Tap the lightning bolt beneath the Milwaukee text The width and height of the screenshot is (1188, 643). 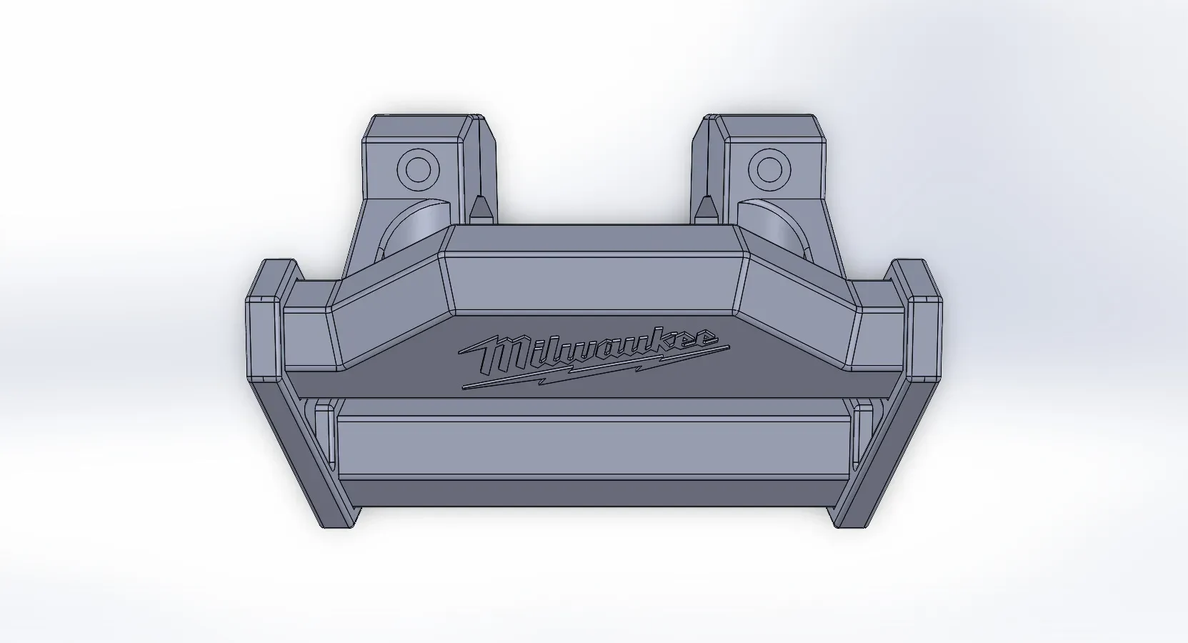coord(595,369)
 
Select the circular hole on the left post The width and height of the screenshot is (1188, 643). coord(419,170)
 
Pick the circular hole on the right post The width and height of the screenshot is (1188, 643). coord(769,170)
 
